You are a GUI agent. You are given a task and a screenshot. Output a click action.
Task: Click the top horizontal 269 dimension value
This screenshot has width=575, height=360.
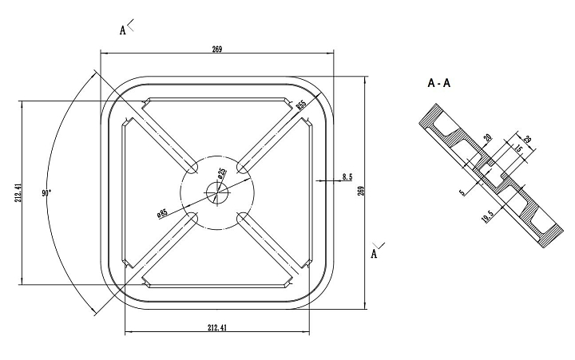pyautogui.click(x=217, y=49)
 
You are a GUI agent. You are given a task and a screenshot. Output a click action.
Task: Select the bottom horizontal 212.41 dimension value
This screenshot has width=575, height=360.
pyautogui.click(x=217, y=328)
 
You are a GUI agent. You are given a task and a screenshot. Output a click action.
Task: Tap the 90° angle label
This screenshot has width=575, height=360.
pyautogui.click(x=47, y=193)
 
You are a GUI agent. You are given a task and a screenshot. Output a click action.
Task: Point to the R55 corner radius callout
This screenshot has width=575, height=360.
pyautogui.click(x=301, y=104)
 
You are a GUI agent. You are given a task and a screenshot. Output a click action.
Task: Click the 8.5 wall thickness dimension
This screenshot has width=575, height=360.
pyautogui.click(x=347, y=176)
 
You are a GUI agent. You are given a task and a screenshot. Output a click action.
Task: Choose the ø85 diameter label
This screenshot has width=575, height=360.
pyautogui.click(x=162, y=213)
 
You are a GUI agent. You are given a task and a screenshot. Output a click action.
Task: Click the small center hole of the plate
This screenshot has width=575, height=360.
pyautogui.click(x=216, y=192)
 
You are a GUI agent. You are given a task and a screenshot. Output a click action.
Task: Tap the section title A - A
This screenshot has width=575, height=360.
pyautogui.click(x=439, y=83)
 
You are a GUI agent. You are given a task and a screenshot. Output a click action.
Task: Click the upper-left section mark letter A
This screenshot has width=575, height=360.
pyautogui.click(x=123, y=30)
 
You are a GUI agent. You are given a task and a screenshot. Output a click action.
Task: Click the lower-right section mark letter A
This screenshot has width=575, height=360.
pyautogui.click(x=374, y=254)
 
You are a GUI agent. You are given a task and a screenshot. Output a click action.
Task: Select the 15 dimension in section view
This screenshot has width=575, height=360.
pyautogui.click(x=517, y=149)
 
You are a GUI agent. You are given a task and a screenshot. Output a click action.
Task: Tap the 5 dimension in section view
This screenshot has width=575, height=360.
pyautogui.click(x=462, y=192)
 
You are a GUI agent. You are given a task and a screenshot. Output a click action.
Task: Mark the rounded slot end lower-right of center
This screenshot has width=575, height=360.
pyautogui.click(x=240, y=216)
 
